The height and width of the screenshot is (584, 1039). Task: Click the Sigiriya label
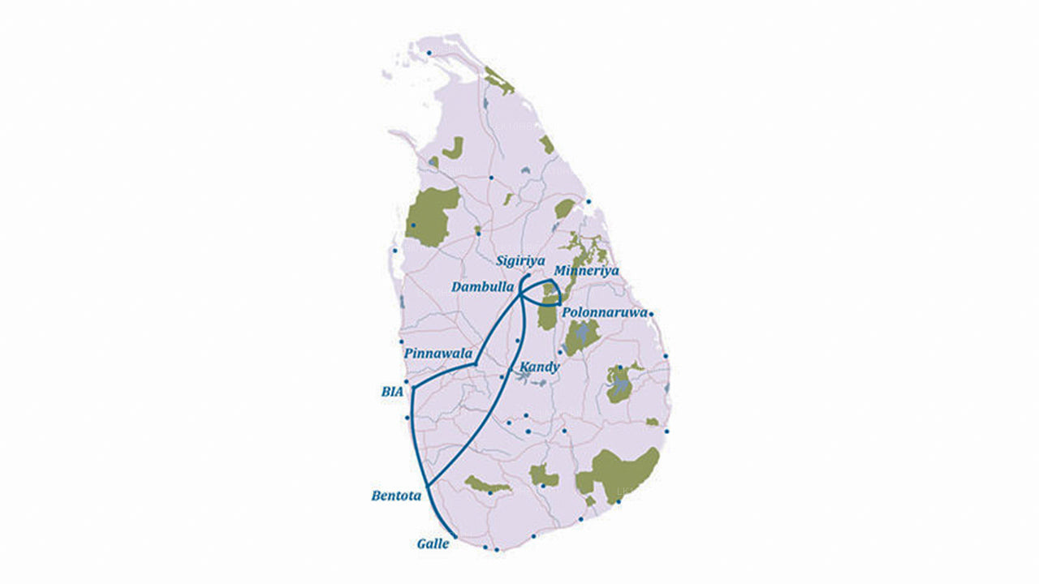pyautogui.click(x=520, y=261)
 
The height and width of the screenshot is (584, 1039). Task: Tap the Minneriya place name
pyautogui.click(x=586, y=270)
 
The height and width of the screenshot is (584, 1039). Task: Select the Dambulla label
pyautogui.click(x=483, y=287)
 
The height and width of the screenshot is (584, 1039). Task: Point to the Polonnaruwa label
pyautogui.click(x=605, y=311)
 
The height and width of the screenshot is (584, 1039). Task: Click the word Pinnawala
pyautogui.click(x=438, y=354)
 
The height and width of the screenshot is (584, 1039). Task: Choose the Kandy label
pyautogui.click(x=540, y=367)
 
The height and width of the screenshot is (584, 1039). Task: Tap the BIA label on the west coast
pyautogui.click(x=392, y=391)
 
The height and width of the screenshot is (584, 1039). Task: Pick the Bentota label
pyautogui.click(x=396, y=495)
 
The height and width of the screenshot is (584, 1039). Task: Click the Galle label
pyautogui.click(x=433, y=543)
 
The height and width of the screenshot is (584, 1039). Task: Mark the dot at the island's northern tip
pyautogui.click(x=429, y=53)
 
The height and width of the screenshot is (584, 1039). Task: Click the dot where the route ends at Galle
pyautogui.click(x=455, y=537)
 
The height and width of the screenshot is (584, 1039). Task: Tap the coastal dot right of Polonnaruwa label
pyautogui.click(x=651, y=314)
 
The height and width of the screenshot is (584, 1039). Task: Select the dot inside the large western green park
pyautogui.click(x=413, y=225)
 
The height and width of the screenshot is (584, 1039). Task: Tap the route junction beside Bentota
pyautogui.click(x=425, y=484)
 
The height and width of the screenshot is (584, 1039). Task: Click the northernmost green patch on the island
pyautogui.click(x=498, y=79)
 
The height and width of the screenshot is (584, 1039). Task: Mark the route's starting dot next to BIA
pyautogui.click(x=412, y=389)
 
